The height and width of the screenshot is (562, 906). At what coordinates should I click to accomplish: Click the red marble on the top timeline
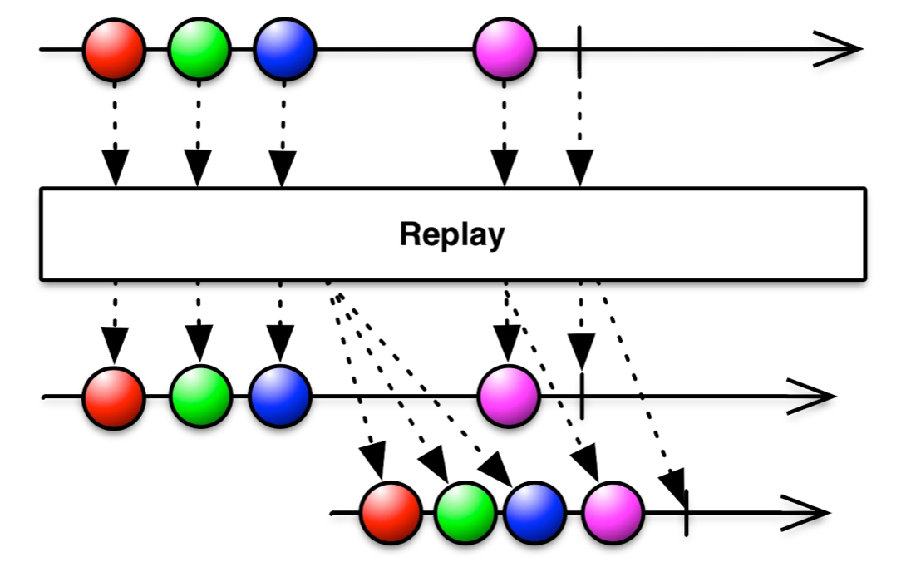click(115, 50)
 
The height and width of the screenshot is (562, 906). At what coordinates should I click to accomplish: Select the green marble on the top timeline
click(199, 49)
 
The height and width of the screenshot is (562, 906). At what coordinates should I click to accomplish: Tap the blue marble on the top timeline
click(285, 49)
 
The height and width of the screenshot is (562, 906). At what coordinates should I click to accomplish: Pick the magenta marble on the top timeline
click(505, 49)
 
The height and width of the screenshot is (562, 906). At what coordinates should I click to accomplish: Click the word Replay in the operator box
click(452, 234)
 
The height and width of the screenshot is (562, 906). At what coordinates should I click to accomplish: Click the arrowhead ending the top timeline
click(838, 49)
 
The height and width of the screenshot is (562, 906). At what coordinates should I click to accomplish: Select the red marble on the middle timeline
click(114, 398)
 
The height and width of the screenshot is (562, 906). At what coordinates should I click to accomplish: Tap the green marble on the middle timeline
click(200, 397)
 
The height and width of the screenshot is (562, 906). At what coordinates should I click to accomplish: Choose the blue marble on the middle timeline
click(280, 397)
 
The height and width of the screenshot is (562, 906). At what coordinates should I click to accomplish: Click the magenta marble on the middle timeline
click(509, 397)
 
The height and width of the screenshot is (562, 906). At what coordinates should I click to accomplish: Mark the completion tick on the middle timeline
click(582, 396)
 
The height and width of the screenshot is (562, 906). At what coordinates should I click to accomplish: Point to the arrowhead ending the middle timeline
click(811, 397)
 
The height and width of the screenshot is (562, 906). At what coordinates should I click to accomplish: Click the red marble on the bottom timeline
click(391, 513)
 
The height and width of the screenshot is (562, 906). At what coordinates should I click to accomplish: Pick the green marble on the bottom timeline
click(465, 513)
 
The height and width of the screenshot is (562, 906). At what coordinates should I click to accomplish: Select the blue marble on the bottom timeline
click(534, 513)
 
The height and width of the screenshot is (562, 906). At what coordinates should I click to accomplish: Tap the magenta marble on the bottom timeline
click(613, 513)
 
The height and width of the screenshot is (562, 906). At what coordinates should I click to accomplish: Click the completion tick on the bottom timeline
click(687, 513)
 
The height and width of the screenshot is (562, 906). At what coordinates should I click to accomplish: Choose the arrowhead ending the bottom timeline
click(805, 513)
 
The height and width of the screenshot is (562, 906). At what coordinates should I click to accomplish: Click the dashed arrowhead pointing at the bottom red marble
click(373, 461)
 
